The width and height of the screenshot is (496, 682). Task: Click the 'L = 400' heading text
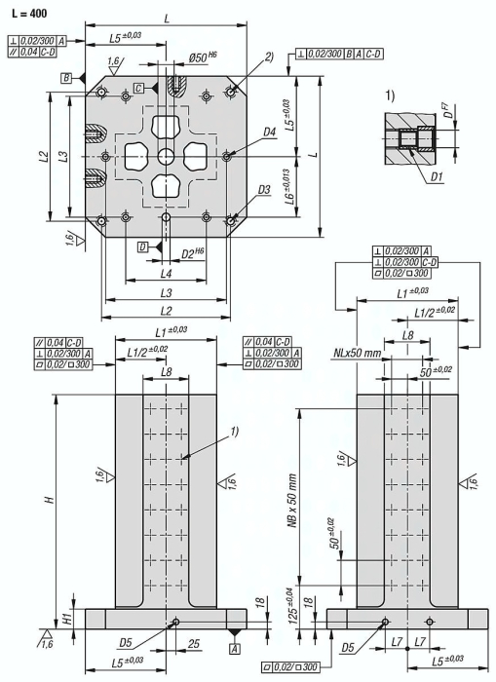point(28,13)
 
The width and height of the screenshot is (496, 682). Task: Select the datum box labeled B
point(66,78)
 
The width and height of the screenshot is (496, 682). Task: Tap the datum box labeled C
point(138,89)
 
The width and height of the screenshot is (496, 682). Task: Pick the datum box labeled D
point(143,247)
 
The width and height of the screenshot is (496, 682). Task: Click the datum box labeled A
point(235,649)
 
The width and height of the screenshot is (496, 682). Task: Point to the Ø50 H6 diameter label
point(204,57)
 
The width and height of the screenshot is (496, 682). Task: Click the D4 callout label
point(270,132)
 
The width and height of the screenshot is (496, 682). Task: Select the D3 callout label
point(264,190)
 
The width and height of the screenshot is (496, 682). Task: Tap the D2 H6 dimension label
point(193,253)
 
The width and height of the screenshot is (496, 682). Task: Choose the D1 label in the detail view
point(437,176)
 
